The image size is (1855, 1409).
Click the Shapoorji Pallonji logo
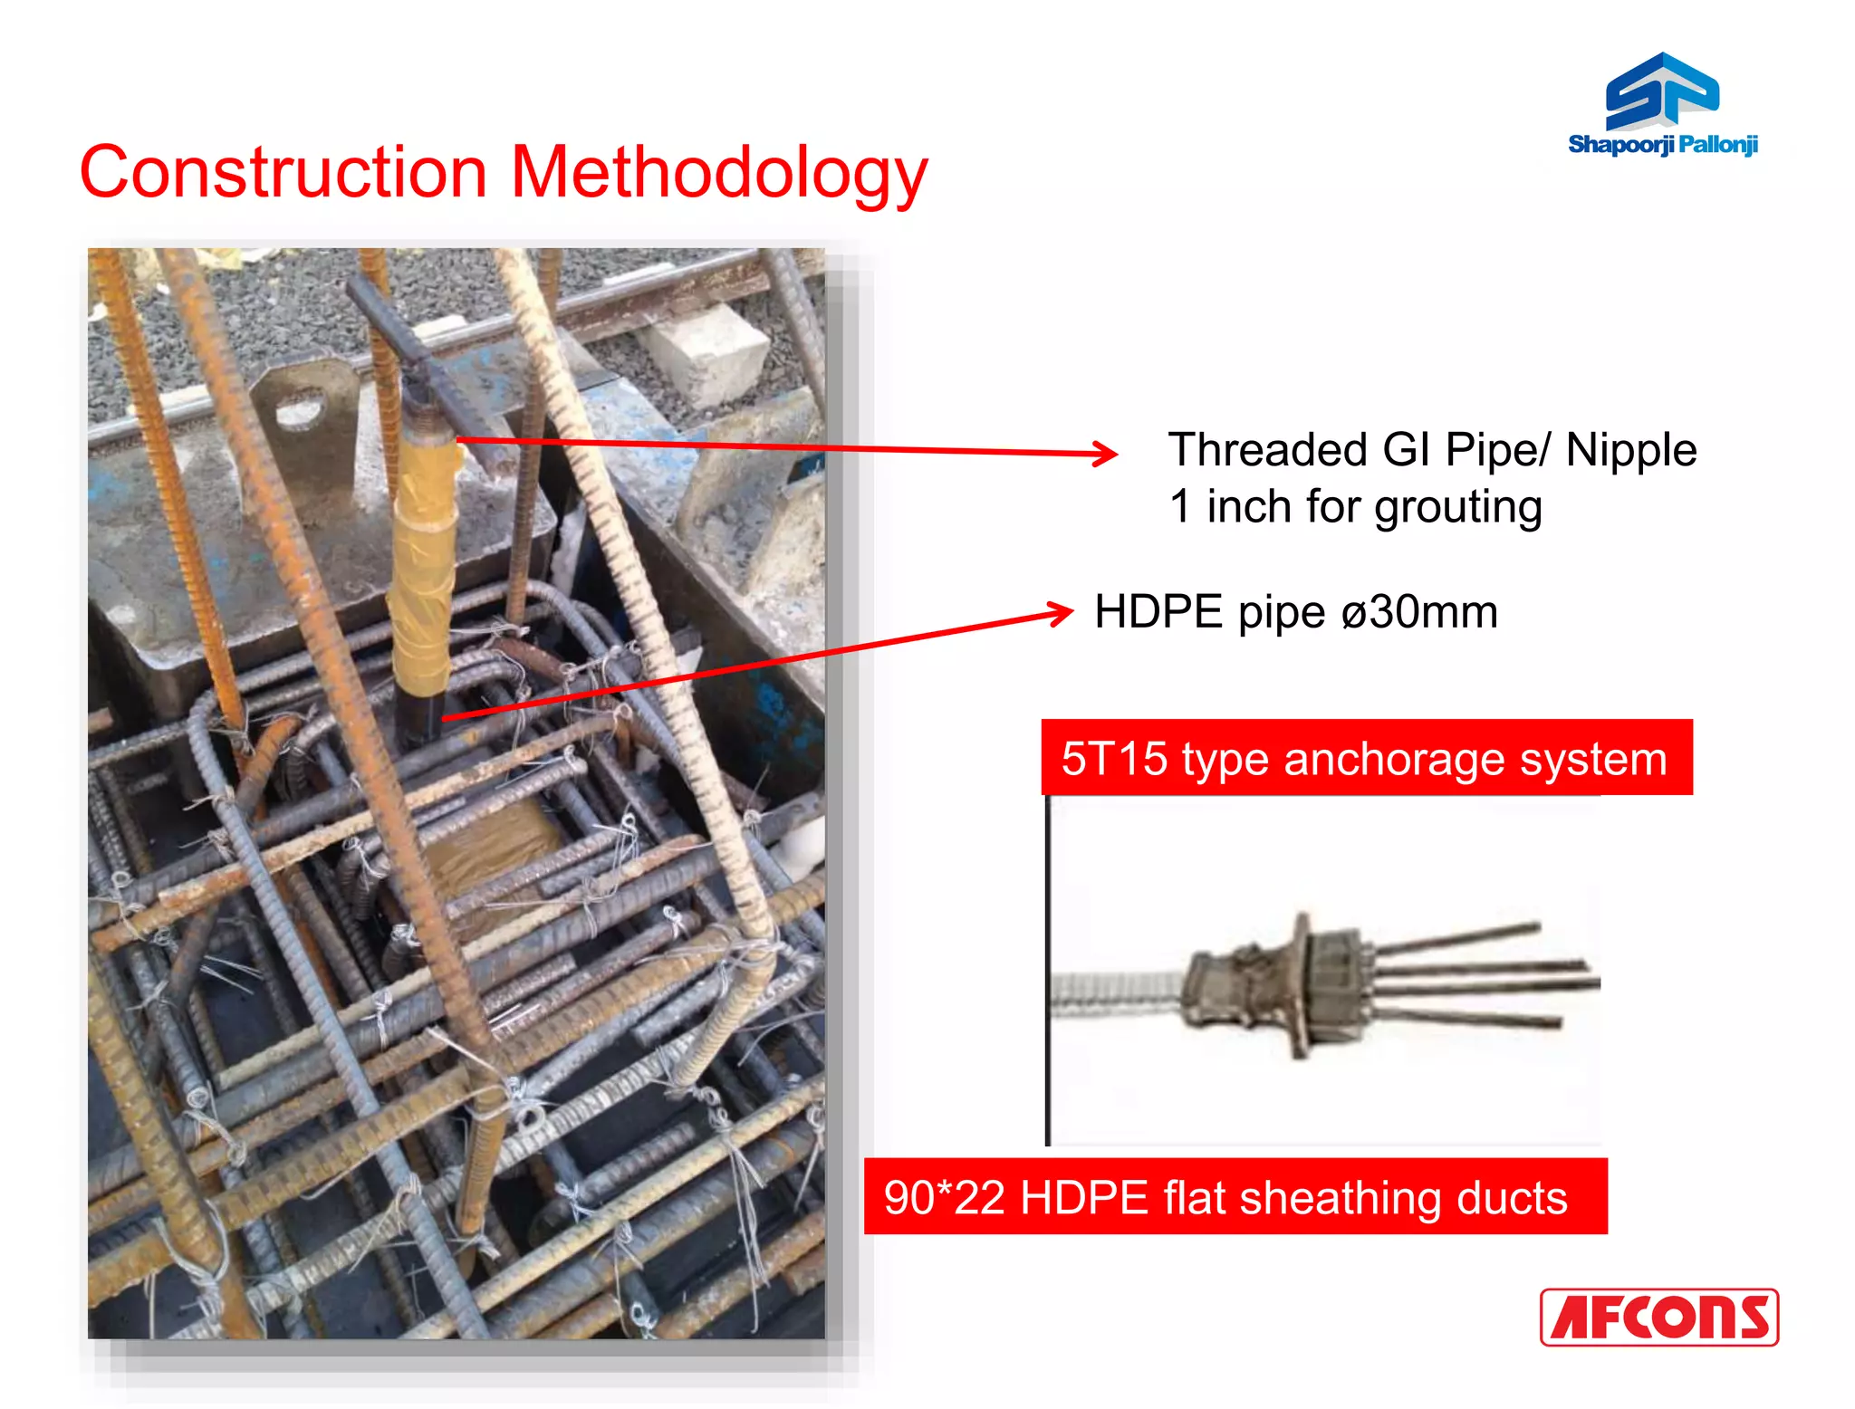coord(1662,104)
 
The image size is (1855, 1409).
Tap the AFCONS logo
coord(1658,1317)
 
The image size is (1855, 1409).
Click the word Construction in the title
coord(284,172)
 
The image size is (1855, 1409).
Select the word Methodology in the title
coord(719,174)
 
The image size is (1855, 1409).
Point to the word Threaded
coord(1267,450)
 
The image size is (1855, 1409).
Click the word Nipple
coord(1630,450)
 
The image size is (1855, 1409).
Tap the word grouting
coord(1457,507)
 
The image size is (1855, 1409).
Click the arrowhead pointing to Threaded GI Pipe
coord(1107,454)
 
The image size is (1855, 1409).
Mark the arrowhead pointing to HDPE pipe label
coord(1062,613)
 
